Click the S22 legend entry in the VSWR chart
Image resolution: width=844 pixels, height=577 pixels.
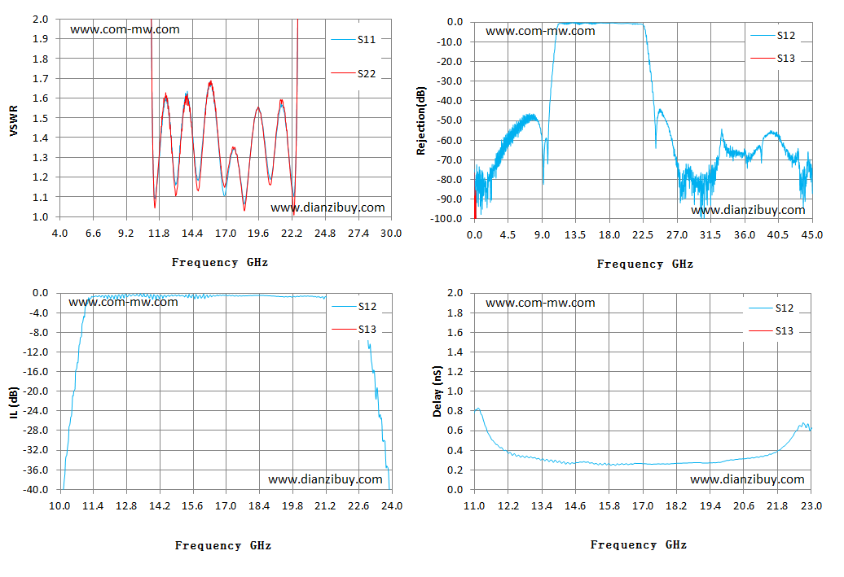[x=353, y=74]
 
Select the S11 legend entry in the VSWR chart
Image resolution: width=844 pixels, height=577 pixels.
[x=353, y=40]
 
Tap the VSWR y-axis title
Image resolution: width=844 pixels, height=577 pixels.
[x=14, y=120]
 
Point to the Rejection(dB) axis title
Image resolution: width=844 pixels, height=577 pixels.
[x=420, y=120]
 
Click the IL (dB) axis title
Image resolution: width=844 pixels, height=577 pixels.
[x=14, y=402]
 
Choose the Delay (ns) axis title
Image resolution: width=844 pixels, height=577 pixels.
[x=437, y=391]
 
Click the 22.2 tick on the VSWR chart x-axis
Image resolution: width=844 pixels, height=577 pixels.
[x=292, y=234]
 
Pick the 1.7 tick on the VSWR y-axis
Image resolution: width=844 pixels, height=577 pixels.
[x=41, y=78]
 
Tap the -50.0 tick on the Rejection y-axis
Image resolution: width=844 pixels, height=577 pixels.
[x=450, y=120]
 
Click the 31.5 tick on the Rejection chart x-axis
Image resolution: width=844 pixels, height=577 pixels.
[x=710, y=235]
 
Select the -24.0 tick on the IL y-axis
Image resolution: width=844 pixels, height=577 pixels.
[x=35, y=411]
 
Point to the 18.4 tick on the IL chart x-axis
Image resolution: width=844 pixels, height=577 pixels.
[x=259, y=506]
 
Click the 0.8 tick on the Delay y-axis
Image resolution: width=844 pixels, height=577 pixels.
[x=455, y=411]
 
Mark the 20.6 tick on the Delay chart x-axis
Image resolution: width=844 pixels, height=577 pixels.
[x=744, y=506]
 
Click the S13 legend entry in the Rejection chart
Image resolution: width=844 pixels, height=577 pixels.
[x=773, y=58]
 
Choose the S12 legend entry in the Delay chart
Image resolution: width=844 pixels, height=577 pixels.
[x=771, y=308]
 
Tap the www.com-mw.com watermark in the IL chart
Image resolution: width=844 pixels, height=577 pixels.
[x=123, y=302]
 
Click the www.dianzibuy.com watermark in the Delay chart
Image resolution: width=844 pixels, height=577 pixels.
[x=747, y=479]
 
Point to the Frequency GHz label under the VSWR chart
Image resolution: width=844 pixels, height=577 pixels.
[x=220, y=262]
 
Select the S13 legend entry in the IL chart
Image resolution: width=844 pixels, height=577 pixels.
[x=354, y=329]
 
